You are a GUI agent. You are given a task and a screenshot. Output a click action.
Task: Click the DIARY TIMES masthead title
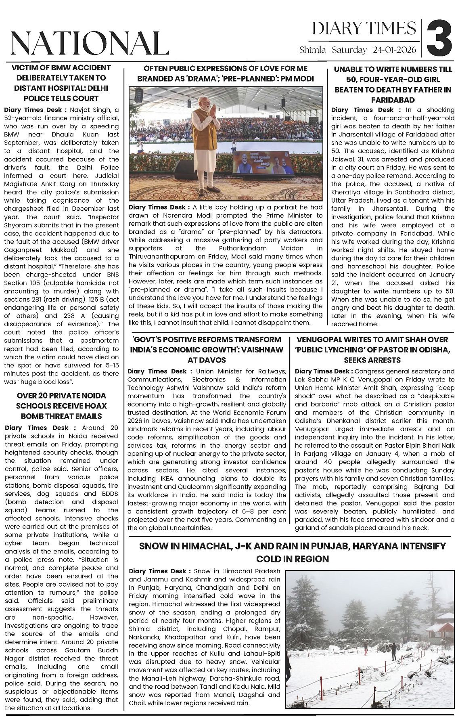point(364,29)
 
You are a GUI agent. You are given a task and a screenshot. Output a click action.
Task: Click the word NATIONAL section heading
point(89,43)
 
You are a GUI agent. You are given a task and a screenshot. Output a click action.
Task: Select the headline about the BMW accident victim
point(61,83)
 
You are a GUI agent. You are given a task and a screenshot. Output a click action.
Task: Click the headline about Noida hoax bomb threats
point(61,406)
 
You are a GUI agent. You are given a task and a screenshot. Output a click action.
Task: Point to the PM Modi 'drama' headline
point(226,73)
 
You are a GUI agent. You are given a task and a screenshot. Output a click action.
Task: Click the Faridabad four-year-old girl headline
point(393,84)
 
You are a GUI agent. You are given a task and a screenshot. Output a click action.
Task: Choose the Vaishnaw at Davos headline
point(207,349)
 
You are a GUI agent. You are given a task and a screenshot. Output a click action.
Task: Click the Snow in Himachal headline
point(293,552)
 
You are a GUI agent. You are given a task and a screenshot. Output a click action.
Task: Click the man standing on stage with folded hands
point(205,141)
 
